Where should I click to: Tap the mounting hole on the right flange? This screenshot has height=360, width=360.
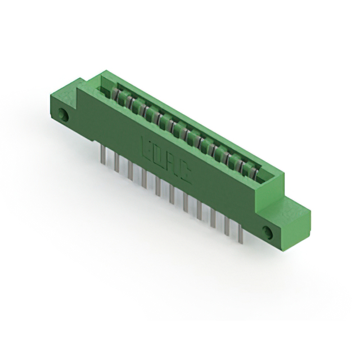pyautogui.click(x=268, y=232)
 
